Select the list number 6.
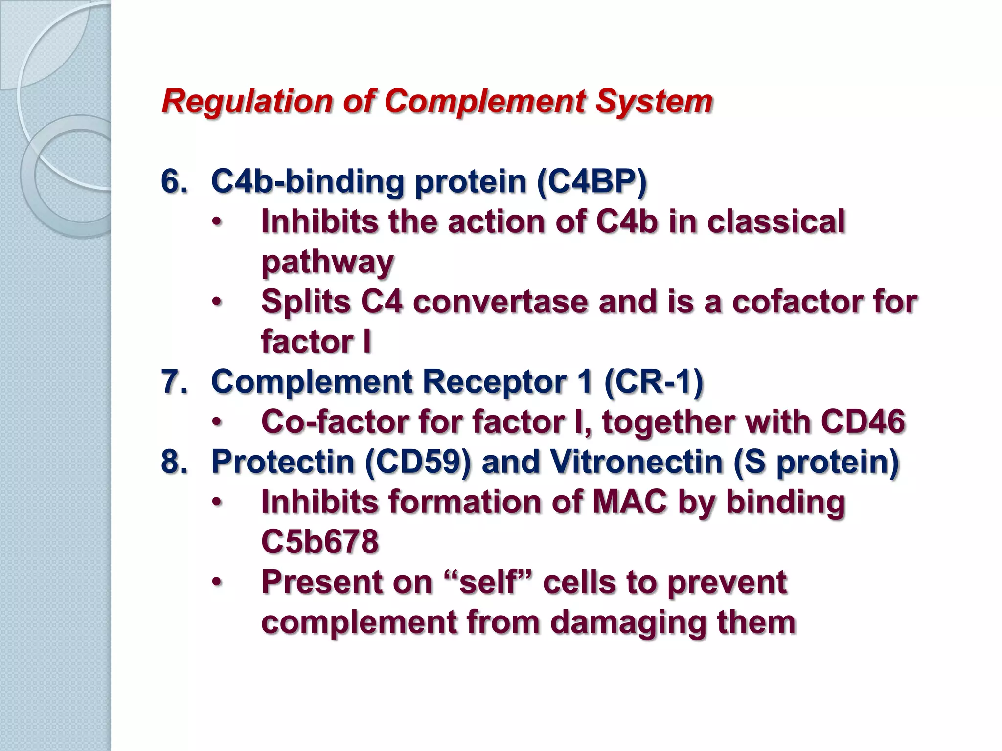174,182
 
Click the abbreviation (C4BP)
592,182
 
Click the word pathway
327,262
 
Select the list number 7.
174,382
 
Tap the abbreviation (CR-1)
654,382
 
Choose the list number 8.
174,462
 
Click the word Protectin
282,462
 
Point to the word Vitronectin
636,462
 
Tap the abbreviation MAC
630,502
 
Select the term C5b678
320,542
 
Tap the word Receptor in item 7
494,382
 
